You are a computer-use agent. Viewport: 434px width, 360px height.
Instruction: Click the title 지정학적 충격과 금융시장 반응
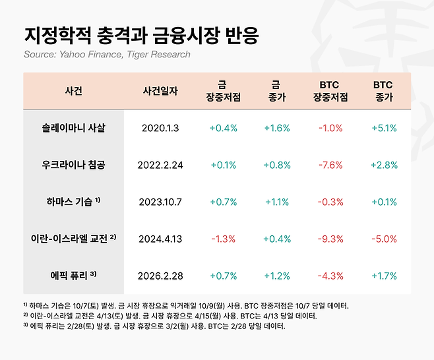[x=140, y=34]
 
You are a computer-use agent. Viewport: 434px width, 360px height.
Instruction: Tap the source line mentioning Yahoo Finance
[x=107, y=54]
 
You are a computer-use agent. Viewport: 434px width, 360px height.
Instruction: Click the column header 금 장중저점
[x=222, y=91]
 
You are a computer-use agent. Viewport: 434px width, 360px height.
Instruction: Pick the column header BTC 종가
[x=383, y=91]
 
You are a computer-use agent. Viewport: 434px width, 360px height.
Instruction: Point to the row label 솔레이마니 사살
[x=73, y=128]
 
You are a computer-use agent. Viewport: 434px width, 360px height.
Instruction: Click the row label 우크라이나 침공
[x=73, y=164]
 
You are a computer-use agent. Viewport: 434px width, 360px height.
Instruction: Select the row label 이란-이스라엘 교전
[x=73, y=237]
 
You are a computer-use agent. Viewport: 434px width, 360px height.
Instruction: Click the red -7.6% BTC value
[x=329, y=164]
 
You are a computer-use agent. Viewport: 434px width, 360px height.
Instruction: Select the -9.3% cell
[x=329, y=237]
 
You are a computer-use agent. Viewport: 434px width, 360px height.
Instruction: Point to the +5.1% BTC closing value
[x=383, y=128]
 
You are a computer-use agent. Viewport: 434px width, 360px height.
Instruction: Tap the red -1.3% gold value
[x=222, y=237]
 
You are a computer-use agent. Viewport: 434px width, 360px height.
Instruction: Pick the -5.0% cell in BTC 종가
[x=383, y=237]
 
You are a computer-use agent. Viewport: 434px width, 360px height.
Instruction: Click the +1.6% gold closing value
[x=276, y=128]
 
